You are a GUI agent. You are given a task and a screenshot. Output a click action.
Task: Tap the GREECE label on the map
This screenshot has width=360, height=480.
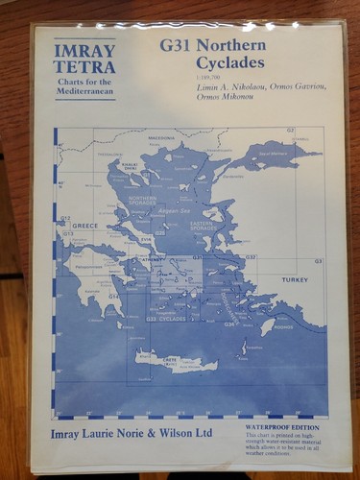pyautogui.click(x=86, y=226)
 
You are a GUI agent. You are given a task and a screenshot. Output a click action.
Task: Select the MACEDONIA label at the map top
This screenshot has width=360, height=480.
pyautogui.click(x=161, y=138)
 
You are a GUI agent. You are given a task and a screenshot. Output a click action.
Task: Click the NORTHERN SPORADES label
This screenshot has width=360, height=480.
pyautogui.click(x=142, y=201)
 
